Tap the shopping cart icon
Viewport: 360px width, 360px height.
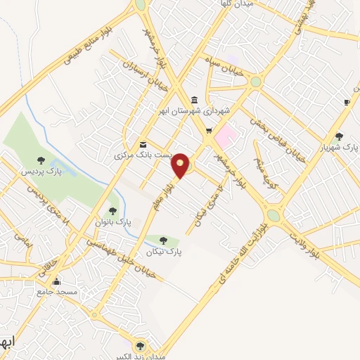pos(209,130)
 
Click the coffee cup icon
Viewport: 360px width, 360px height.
pos(347,103)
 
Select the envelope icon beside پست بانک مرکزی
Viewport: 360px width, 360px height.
pos(143,143)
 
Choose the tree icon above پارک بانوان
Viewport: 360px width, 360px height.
pos(112,211)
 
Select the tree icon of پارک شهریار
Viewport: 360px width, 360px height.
pos(339,136)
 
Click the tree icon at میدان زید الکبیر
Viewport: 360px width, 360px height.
pos(141,345)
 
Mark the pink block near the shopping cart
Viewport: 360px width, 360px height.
pos(226,132)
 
